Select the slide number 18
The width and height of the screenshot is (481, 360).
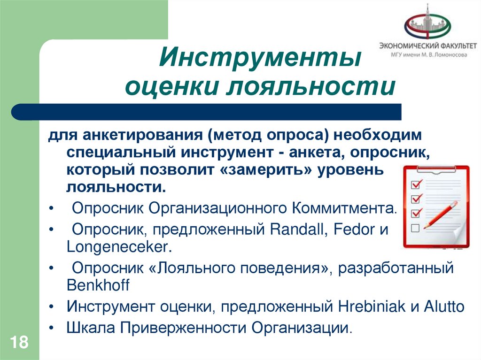click(19, 342)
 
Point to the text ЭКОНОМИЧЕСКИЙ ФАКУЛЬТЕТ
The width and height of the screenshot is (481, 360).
click(427, 46)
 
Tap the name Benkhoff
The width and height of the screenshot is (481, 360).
click(98, 285)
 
